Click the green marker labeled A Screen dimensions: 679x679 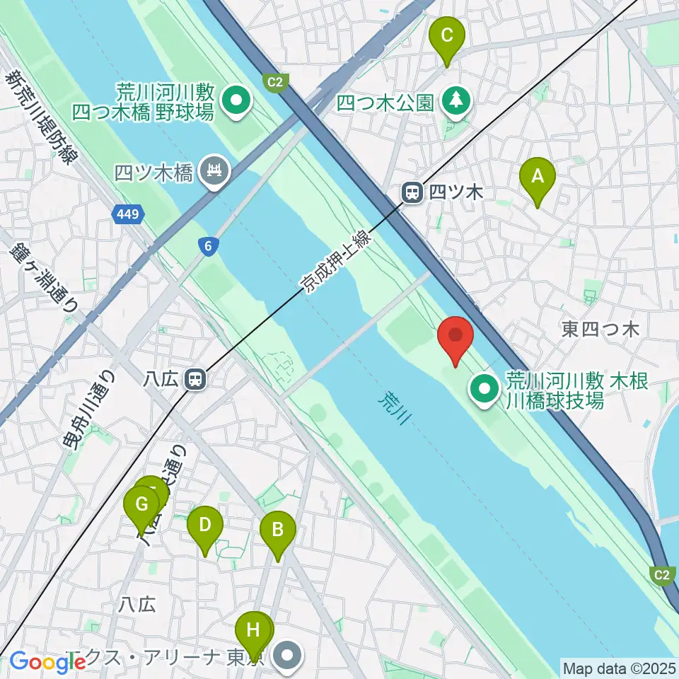[537, 178]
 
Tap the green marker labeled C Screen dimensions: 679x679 [447, 35]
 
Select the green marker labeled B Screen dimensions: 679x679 [278, 530]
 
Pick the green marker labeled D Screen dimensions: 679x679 [205, 525]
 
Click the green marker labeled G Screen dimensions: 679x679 [141, 505]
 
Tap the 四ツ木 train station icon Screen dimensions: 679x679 [411, 191]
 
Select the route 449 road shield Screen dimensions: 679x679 [128, 213]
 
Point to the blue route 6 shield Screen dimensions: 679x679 [207, 245]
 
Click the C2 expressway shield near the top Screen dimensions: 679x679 [274, 83]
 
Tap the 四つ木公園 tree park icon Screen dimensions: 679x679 [456, 102]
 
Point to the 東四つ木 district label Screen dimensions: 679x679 [600, 329]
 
